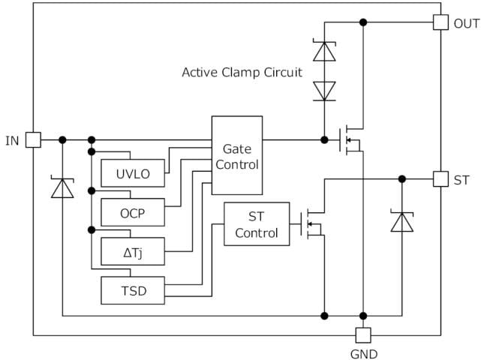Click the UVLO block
coord(132,175)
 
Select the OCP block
coord(132,214)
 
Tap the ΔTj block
coord(132,253)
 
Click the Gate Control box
coord(237,156)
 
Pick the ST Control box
coord(256,224)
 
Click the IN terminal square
coord(33,139)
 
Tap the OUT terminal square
coord(440,22)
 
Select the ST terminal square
coord(440,179)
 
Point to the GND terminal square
coord(363,335)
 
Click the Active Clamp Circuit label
coord(242,73)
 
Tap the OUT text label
coord(466,23)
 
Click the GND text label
coord(363,354)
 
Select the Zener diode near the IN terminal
coord(62,187)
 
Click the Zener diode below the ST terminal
coord(402,221)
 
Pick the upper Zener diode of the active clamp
coord(324,51)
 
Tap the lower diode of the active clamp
coord(324,90)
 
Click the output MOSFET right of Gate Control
coord(350,139)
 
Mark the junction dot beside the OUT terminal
coord(363,22)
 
